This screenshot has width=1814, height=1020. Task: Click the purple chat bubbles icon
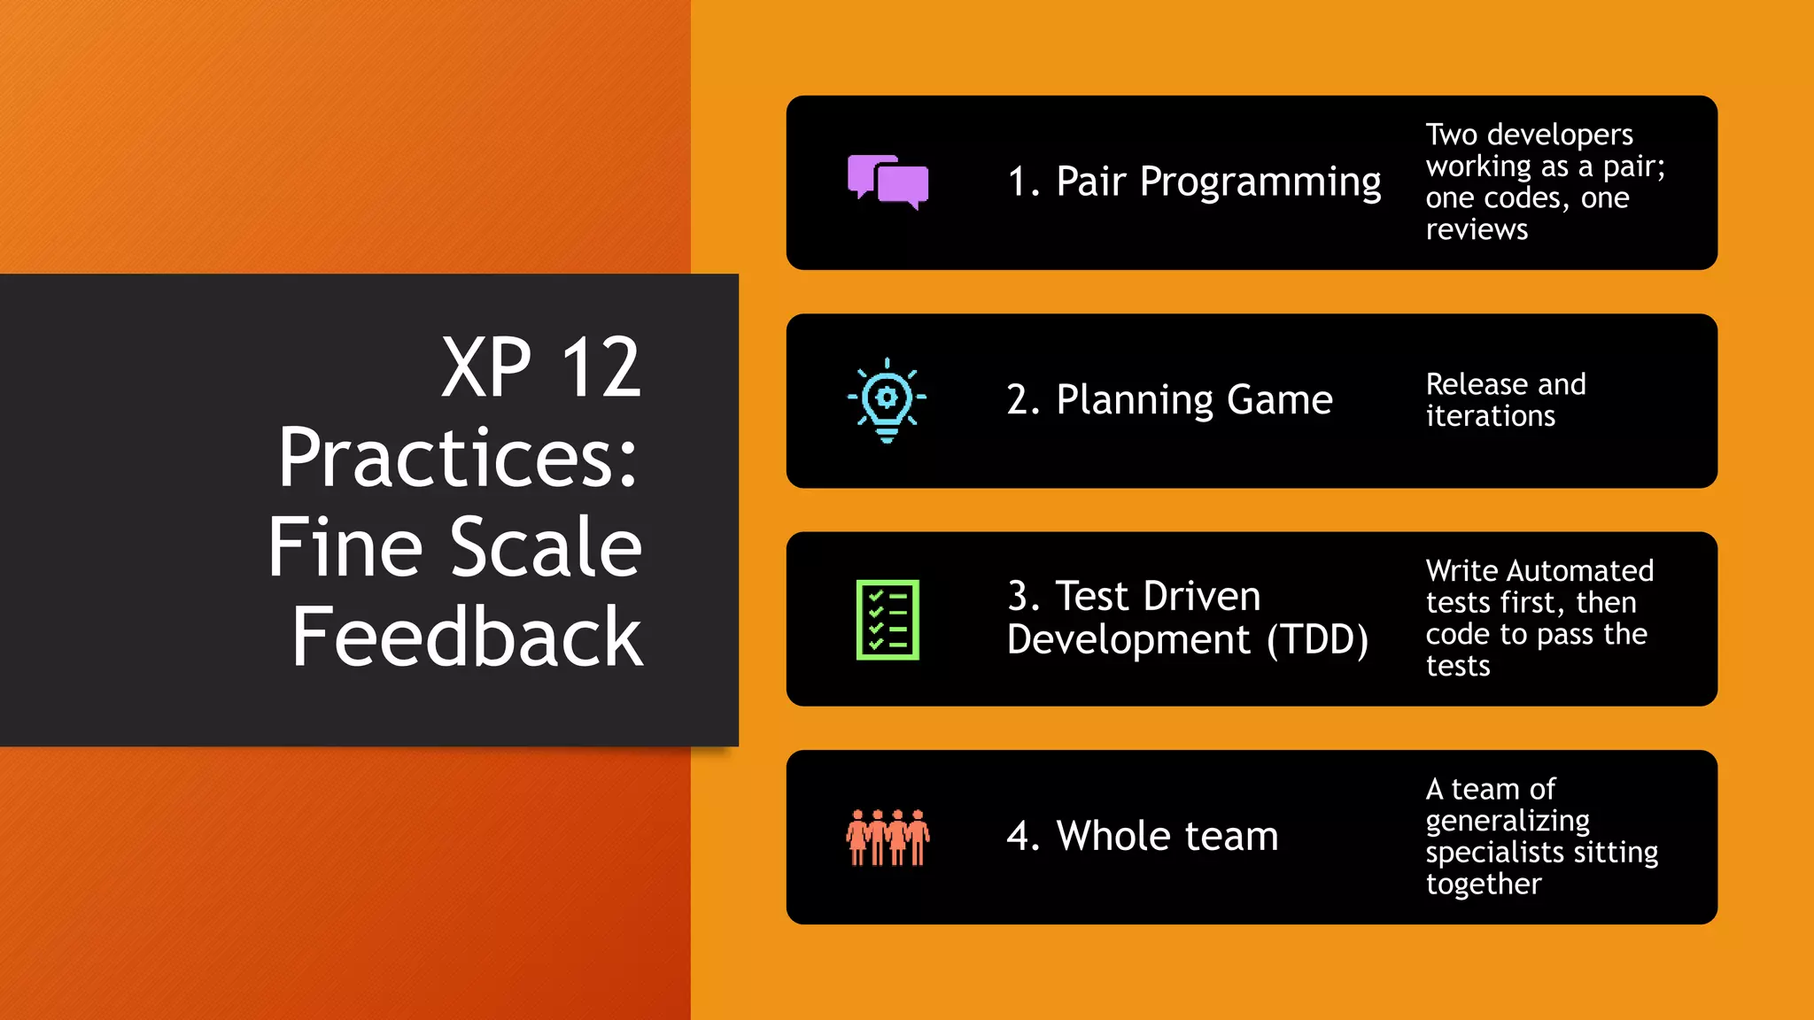tap(888, 182)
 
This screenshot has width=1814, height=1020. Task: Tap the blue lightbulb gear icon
tap(887, 399)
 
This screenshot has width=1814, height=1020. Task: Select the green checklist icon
tap(888, 619)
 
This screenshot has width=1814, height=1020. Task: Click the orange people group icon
tap(888, 837)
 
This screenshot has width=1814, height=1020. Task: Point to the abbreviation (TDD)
tap(1317, 640)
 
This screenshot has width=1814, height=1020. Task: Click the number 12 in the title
tap(601, 367)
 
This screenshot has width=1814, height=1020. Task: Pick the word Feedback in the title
tap(467, 637)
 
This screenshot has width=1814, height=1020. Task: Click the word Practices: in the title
tap(457, 458)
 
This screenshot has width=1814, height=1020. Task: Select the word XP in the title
tap(486, 367)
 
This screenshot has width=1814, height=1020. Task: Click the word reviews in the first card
tap(1477, 229)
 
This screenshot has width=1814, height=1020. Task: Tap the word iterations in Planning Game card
tap(1490, 416)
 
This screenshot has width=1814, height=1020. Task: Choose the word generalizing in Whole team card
tap(1507, 822)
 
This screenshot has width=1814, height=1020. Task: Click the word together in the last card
tap(1484, 885)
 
